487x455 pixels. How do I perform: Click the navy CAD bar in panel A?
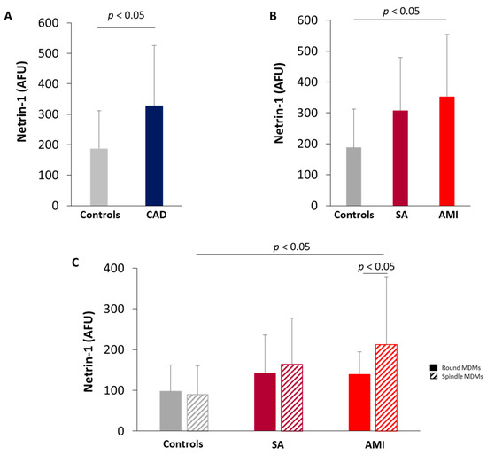click(x=154, y=155)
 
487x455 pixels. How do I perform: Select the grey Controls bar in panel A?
click(x=99, y=177)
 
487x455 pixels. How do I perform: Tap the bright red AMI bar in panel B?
click(x=447, y=151)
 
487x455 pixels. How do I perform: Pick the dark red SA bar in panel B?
click(x=400, y=158)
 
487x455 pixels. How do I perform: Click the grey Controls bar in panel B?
click(x=354, y=177)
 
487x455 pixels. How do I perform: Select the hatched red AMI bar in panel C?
click(x=386, y=388)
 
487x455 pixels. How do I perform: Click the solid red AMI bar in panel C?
click(x=359, y=403)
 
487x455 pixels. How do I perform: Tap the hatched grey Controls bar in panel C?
click(x=197, y=412)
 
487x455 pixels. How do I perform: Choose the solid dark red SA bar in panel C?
click(x=265, y=402)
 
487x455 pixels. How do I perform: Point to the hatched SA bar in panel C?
click(x=292, y=397)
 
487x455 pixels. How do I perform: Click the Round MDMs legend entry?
click(x=455, y=367)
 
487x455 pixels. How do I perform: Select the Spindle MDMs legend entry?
click(x=457, y=376)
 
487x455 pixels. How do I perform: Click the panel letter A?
click(x=8, y=16)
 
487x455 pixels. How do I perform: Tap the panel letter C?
click(x=75, y=263)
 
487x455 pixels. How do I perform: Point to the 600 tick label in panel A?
click(x=48, y=23)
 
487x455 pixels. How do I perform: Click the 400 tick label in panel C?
click(x=113, y=268)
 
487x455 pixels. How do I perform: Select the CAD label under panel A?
click(x=156, y=215)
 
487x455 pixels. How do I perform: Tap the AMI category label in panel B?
click(x=448, y=215)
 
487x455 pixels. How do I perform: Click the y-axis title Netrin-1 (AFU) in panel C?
click(x=89, y=351)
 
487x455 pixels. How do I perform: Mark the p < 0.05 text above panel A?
click(x=126, y=15)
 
